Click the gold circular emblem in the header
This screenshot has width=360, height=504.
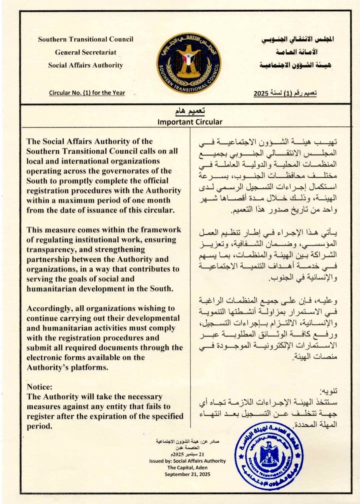pos(189,63)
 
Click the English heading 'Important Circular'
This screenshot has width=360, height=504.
pos(190,122)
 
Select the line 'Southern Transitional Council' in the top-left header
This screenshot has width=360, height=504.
pos(86,39)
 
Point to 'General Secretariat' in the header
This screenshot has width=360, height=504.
pos(86,52)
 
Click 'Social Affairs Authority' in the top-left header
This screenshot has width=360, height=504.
pos(86,65)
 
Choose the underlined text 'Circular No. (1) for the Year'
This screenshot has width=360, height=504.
pos(87,93)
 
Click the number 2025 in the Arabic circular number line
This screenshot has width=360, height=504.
pos(261,93)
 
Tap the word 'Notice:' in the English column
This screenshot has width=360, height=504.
pos(40,387)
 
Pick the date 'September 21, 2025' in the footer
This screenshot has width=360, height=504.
pos(187,474)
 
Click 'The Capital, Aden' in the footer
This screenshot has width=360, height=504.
pos(187,467)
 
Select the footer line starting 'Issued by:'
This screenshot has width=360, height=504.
pos(187,461)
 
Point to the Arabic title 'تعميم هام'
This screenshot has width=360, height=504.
pos(190,111)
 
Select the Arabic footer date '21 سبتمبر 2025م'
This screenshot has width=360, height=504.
pos(187,454)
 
